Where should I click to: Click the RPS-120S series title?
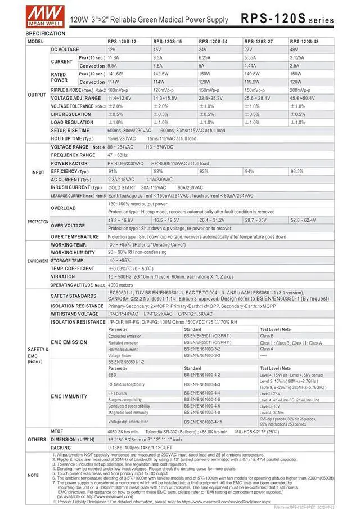[x=287, y=19]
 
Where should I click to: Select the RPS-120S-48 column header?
[x=304, y=42]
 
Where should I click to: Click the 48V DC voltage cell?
[x=294, y=50]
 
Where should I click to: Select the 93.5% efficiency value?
[x=296, y=171]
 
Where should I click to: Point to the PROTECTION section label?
[x=38, y=222]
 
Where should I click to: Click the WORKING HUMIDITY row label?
[x=74, y=253]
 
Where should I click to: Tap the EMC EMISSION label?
[x=69, y=342]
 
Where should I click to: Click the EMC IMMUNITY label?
[x=69, y=396]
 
